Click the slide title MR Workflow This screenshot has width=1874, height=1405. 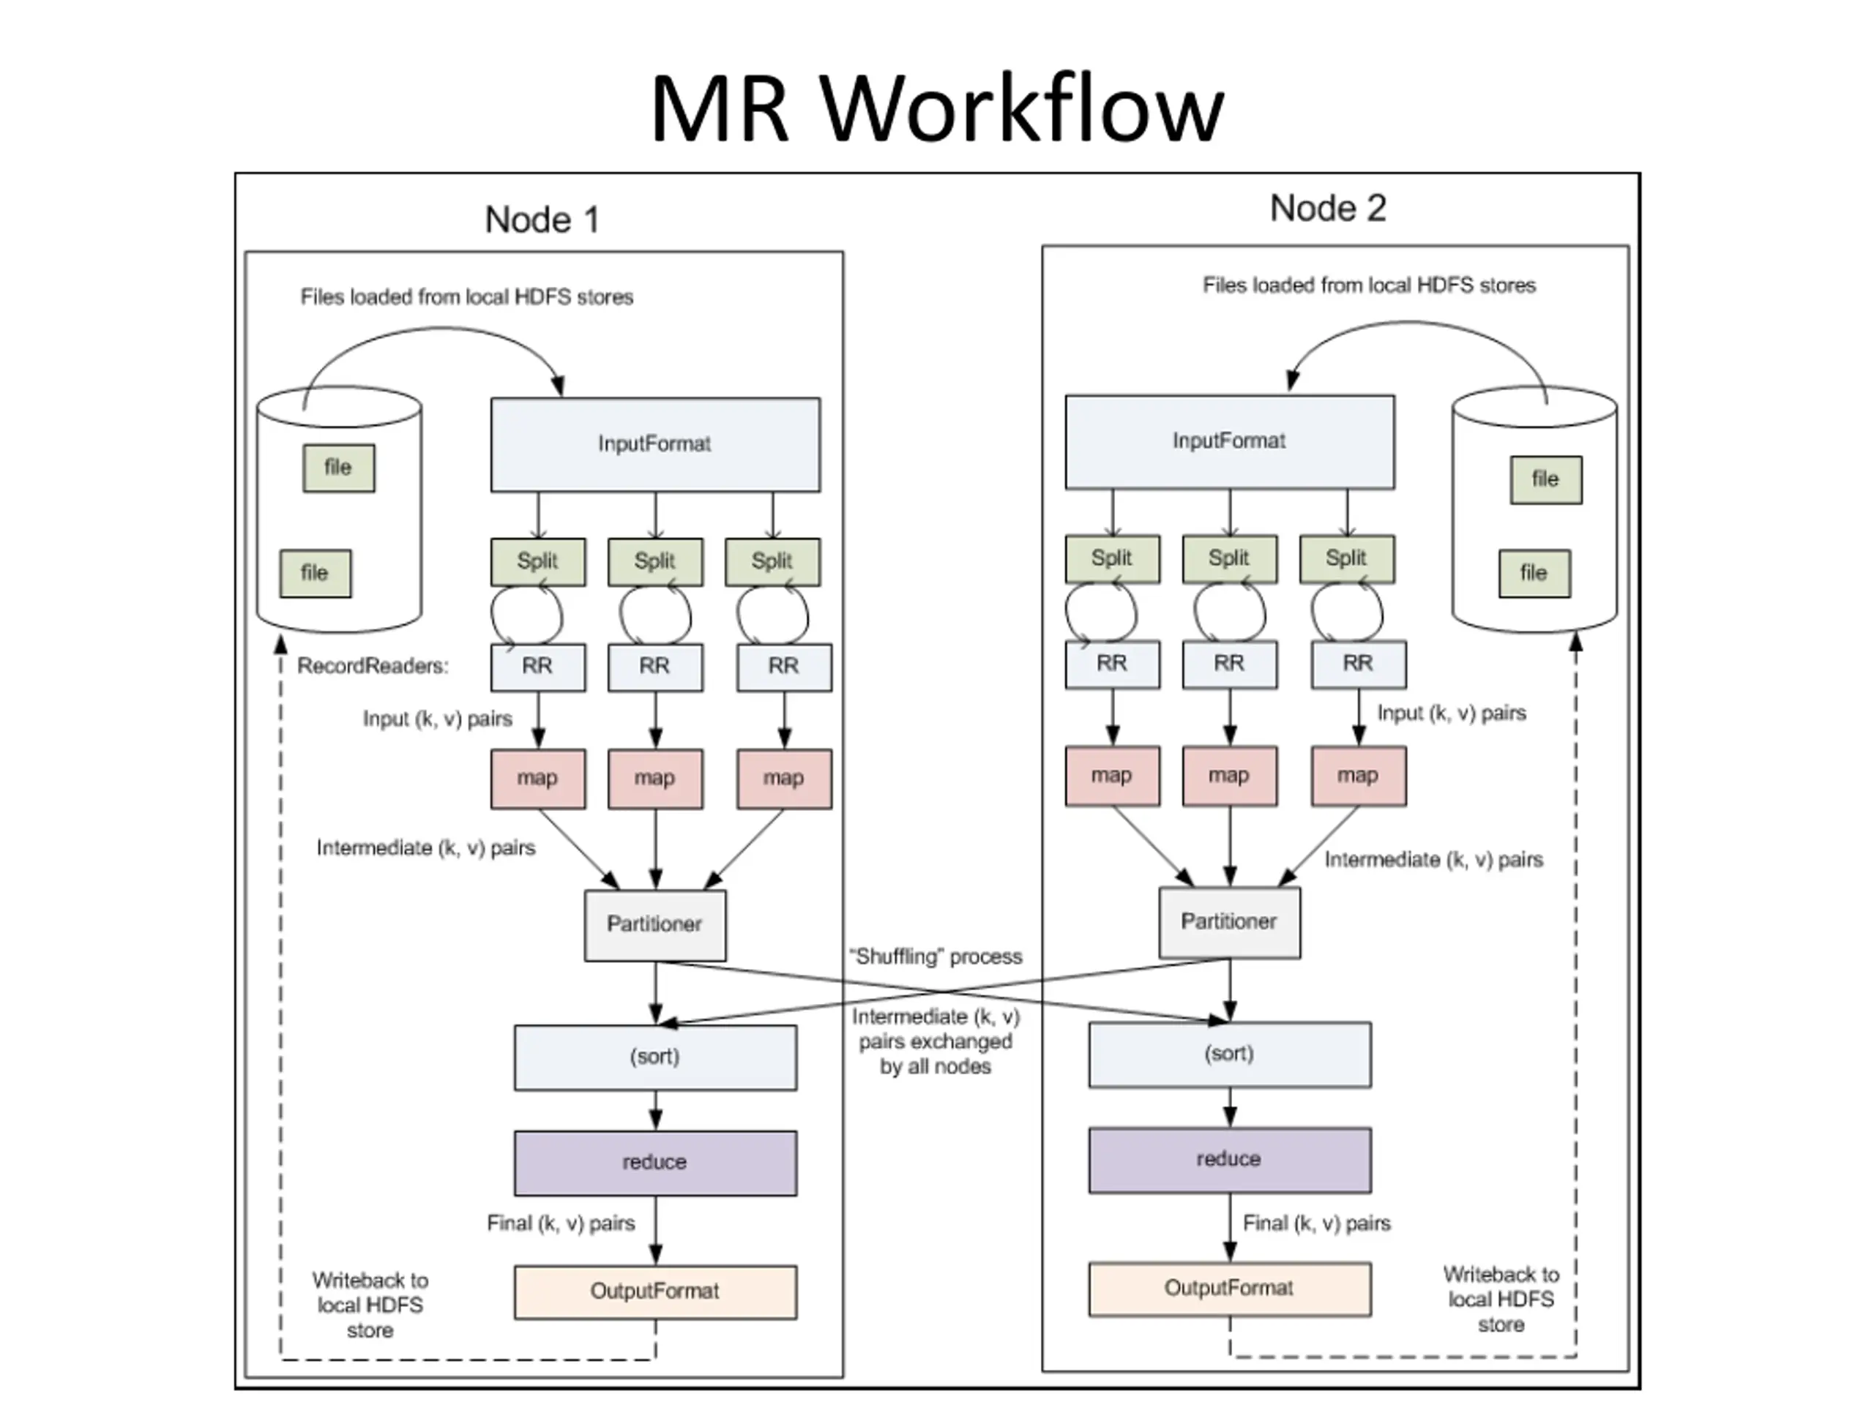(937, 108)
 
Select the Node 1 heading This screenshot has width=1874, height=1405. (542, 220)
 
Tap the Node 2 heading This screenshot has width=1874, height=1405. (1328, 209)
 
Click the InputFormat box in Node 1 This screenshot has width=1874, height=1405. (655, 445)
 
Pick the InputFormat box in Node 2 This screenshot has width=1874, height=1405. (1229, 441)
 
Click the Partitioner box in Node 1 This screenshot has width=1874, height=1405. (655, 925)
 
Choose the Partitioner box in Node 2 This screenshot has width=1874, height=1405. (1229, 922)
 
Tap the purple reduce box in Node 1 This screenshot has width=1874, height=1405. (655, 1163)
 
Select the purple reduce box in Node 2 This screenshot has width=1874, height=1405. (1229, 1159)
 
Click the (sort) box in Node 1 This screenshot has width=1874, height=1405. (655, 1057)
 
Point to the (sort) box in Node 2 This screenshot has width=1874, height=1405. (1229, 1054)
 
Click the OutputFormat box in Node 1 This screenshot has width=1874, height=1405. (655, 1292)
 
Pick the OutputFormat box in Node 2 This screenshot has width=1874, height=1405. (1229, 1289)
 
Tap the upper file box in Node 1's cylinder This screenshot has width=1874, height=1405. (338, 468)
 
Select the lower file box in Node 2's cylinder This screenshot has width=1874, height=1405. (1534, 574)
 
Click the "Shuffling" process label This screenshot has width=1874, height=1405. (936, 957)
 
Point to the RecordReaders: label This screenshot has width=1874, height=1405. (373, 667)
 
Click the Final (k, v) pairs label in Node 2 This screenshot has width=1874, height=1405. (1316, 1224)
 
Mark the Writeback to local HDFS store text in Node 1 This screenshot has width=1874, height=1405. (370, 1305)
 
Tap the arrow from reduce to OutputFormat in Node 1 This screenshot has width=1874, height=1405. (656, 1231)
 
